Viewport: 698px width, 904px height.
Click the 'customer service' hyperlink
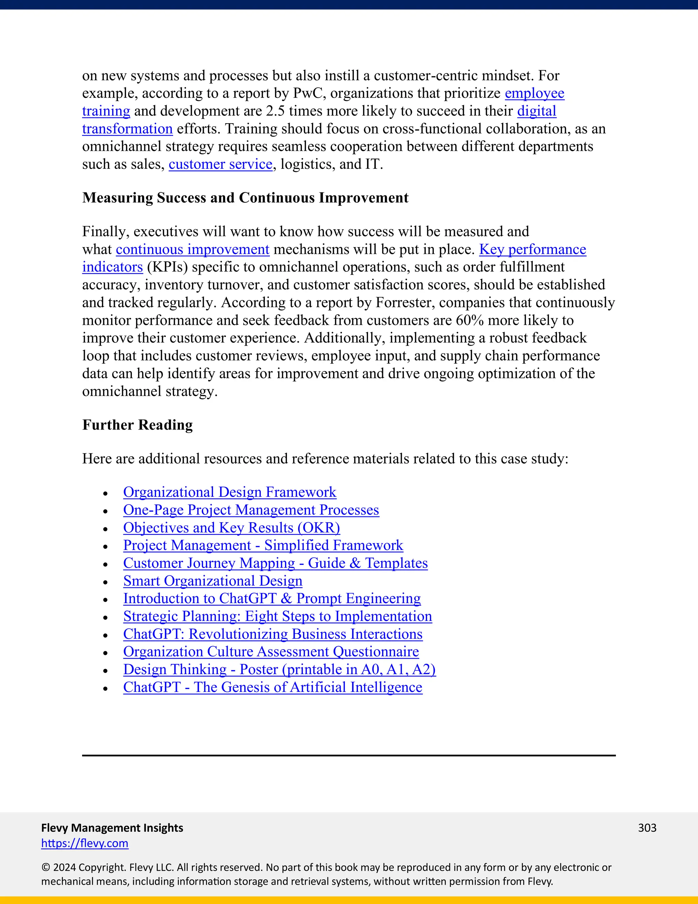(x=221, y=164)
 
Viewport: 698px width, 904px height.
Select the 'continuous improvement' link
(x=193, y=250)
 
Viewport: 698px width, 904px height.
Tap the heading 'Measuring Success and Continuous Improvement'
(x=245, y=198)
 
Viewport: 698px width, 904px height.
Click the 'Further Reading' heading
(x=137, y=425)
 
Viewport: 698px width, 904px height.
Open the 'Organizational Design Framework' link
(x=229, y=492)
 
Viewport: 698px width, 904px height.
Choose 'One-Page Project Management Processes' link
(x=251, y=510)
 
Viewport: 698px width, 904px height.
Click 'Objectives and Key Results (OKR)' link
(x=231, y=528)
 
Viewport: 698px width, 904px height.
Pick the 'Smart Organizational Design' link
(x=213, y=581)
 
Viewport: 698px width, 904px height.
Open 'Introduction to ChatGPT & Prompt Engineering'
(x=272, y=599)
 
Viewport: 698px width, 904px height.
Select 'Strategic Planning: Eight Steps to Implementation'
(x=277, y=616)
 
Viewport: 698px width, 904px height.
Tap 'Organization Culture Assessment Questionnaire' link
(x=271, y=652)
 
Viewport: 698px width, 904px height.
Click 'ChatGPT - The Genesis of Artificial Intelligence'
(x=273, y=687)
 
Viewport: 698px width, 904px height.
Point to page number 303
(x=647, y=828)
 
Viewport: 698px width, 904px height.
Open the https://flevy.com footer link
(x=85, y=843)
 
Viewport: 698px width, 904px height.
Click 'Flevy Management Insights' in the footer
(x=112, y=828)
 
